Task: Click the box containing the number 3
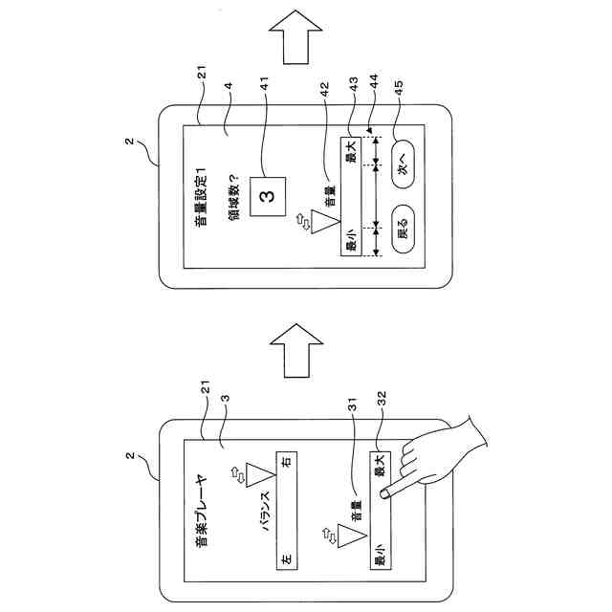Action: pos(269,196)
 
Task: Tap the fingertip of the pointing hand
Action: pos(382,494)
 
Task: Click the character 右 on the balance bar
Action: pos(286,462)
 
